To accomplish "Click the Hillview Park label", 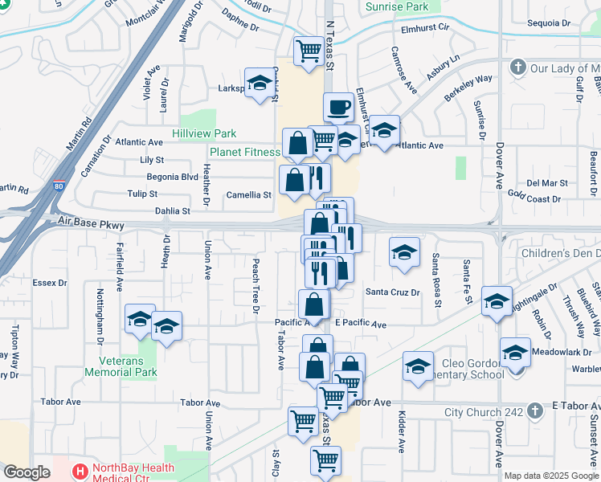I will (x=204, y=133).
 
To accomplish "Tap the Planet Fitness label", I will (x=244, y=151).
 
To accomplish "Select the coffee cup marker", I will (x=338, y=106).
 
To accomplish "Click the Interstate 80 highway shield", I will (x=59, y=185).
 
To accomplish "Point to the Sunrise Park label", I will (x=398, y=6).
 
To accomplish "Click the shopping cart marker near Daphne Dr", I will (x=309, y=51).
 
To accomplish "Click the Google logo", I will (x=27, y=472).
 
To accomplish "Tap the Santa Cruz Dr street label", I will (x=393, y=292).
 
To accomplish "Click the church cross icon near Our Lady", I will (x=518, y=67).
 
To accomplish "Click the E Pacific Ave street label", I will (x=361, y=324).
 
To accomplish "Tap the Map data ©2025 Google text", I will (x=551, y=476).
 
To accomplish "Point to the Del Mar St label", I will (x=547, y=183).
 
